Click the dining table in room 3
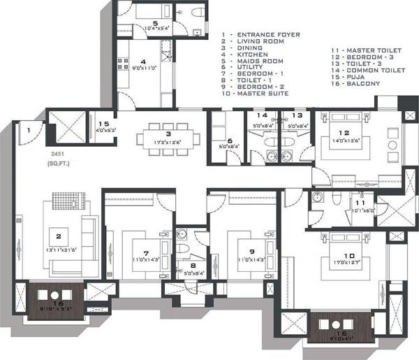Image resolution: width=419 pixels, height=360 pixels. pyautogui.click(x=168, y=134)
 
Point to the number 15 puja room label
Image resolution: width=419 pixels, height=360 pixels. pyautogui.click(x=103, y=122)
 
